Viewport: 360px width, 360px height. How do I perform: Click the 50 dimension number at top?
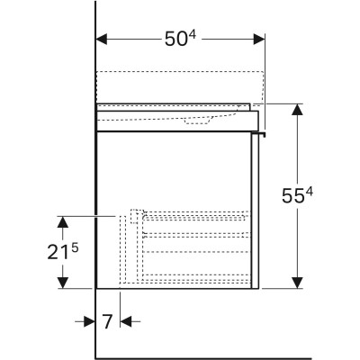(175, 40)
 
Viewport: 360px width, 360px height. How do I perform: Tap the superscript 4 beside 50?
(193, 35)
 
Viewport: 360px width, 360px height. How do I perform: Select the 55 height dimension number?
(292, 196)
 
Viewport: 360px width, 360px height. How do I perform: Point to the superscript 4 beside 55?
(310, 192)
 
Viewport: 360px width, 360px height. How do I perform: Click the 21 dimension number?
(58, 252)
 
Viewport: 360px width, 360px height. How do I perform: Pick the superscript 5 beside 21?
(75, 247)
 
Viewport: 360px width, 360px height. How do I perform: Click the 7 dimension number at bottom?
(107, 321)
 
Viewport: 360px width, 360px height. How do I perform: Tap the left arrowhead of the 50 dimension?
(102, 39)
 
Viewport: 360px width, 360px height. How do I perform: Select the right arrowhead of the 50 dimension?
(259, 39)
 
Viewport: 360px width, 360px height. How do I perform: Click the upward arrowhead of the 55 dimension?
(297, 110)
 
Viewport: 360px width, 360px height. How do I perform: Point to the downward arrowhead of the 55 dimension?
(297, 283)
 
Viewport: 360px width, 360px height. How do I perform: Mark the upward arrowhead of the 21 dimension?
(62, 221)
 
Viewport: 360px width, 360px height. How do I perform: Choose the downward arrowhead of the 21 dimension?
(62, 283)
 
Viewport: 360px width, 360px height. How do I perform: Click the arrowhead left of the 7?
(89, 321)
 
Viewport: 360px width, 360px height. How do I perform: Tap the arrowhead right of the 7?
(126, 321)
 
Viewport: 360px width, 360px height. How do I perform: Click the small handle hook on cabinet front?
(259, 133)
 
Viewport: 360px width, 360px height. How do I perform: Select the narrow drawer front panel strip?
(256, 211)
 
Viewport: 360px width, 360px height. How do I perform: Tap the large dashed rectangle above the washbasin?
(180, 87)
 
